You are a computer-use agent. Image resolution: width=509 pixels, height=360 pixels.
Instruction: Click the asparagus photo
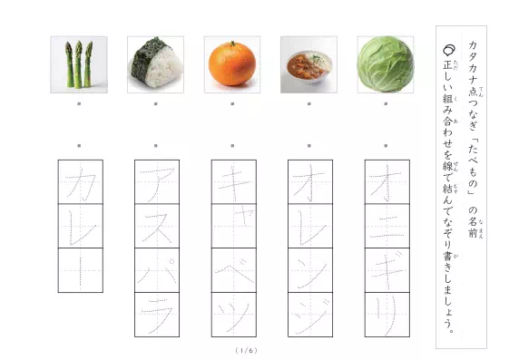tap(78, 64)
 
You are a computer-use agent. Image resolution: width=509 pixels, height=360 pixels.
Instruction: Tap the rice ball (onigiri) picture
tap(155, 64)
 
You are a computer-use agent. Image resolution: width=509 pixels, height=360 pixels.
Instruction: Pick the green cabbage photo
tap(386, 64)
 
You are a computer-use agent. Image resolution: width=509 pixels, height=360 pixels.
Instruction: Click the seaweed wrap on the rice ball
tap(147, 53)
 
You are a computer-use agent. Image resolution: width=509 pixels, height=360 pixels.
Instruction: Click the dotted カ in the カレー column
tap(80, 181)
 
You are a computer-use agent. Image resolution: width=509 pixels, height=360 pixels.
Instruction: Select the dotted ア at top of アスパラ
tap(156, 181)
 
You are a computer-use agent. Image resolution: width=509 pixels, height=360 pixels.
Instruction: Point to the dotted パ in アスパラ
tap(156, 270)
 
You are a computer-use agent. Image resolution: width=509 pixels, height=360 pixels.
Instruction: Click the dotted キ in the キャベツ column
tap(232, 181)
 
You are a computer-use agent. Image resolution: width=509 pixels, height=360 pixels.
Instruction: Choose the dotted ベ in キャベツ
tap(232, 270)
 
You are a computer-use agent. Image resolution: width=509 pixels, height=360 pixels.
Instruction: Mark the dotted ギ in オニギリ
tap(386, 270)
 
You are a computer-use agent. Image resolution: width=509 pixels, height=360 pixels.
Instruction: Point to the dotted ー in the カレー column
tap(80, 270)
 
